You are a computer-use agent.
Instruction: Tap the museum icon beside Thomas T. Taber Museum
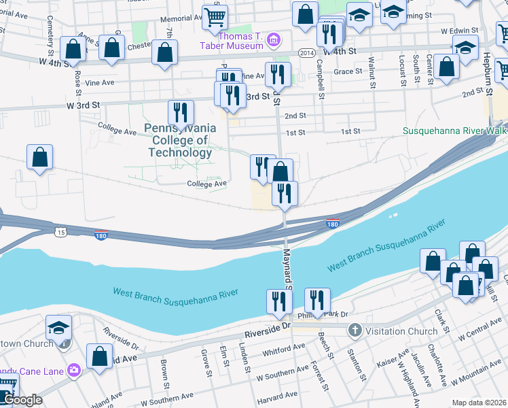[274, 39]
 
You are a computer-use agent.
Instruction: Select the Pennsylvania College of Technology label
[180, 140]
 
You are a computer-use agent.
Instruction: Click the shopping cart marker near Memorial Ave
[215, 17]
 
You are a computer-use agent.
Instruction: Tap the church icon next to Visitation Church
[354, 331]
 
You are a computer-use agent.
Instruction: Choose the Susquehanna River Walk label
[454, 130]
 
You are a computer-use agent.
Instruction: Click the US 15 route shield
[61, 233]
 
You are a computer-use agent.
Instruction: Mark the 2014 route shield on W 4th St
[306, 52]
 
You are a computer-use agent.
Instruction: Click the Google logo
[23, 400]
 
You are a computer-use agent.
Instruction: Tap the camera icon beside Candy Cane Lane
[73, 371]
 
